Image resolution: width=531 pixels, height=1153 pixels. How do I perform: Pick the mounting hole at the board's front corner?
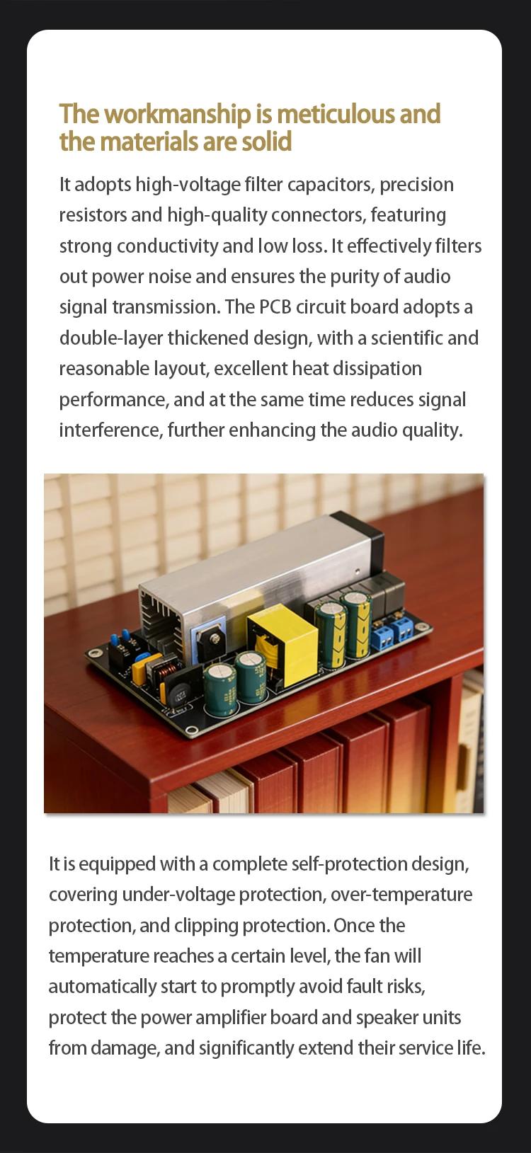click(192, 730)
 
